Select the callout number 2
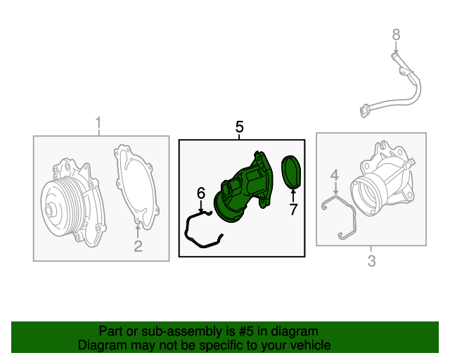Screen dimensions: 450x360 point(138,246)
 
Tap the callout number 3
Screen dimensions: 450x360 point(372,262)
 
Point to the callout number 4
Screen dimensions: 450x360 point(335,175)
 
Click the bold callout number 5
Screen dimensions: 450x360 point(240,127)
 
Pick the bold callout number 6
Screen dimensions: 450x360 point(201,193)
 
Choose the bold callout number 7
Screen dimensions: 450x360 point(293,210)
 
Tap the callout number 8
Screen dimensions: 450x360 point(396,34)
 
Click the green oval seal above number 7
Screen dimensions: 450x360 point(291,172)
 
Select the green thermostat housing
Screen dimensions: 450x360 point(244,186)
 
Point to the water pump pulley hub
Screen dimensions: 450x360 point(49,210)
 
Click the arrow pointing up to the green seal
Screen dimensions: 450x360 point(293,195)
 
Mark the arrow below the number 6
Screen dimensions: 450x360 point(201,206)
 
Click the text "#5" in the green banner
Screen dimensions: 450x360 point(246,331)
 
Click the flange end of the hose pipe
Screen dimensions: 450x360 point(365,111)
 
